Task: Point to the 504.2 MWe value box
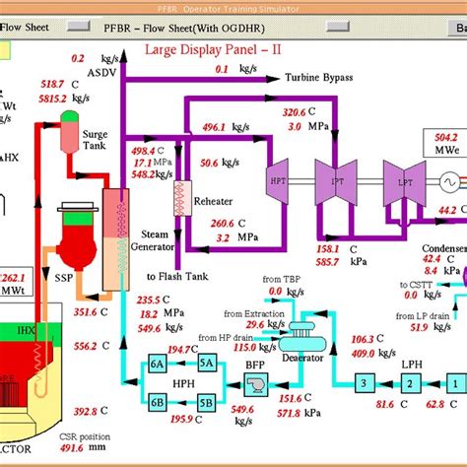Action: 446,145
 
